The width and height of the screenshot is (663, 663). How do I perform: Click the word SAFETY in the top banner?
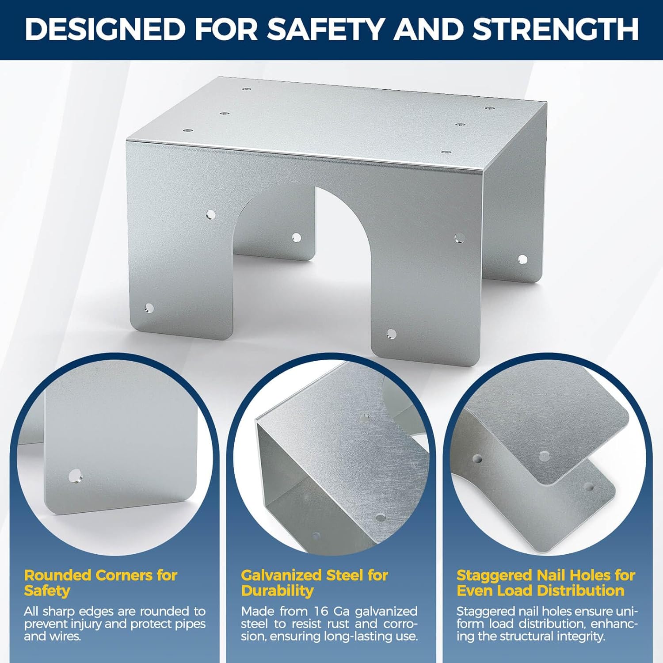tap(326, 29)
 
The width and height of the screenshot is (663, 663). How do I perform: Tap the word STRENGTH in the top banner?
tap(556, 29)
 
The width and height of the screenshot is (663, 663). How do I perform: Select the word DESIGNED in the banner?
tap(105, 29)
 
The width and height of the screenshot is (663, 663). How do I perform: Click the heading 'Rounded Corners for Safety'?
tap(100, 583)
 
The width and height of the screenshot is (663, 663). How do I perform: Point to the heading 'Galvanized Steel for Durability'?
tap(314, 583)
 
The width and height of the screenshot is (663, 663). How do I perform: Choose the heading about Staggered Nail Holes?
tap(545, 583)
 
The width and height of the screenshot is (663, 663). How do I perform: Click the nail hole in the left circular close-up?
tap(75, 476)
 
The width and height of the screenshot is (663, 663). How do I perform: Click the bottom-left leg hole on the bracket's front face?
tap(149, 308)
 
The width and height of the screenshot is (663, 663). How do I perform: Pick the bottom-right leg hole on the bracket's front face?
tap(391, 333)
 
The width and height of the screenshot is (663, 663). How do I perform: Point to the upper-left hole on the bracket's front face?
tap(211, 215)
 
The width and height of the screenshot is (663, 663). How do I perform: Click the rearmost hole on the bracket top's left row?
tap(246, 89)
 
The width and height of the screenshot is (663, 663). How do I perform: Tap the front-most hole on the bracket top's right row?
tap(446, 152)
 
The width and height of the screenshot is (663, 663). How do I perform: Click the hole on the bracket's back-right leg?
tap(522, 259)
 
